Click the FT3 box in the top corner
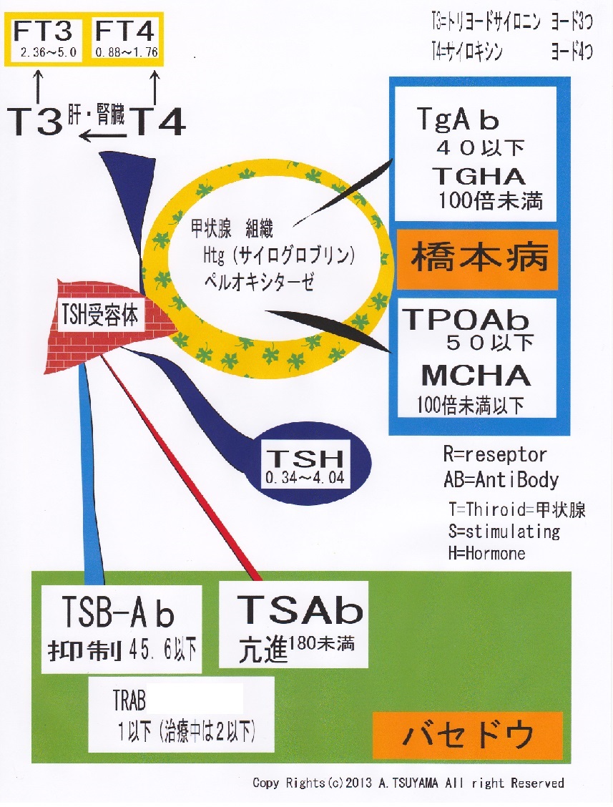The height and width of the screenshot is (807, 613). [x=44, y=39]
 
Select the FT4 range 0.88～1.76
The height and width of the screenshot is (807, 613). [x=126, y=52]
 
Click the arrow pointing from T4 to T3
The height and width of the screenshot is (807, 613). [x=104, y=137]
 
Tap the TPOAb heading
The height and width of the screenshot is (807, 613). [x=466, y=319]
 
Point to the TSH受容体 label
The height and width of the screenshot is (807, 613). [x=100, y=315]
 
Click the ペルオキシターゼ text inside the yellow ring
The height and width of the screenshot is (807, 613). [x=259, y=282]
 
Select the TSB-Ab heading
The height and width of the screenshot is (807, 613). [x=117, y=612]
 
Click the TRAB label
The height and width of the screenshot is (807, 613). [x=129, y=700]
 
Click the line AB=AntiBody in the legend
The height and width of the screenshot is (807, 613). [x=501, y=479]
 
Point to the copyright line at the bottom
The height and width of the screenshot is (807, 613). [x=408, y=783]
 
